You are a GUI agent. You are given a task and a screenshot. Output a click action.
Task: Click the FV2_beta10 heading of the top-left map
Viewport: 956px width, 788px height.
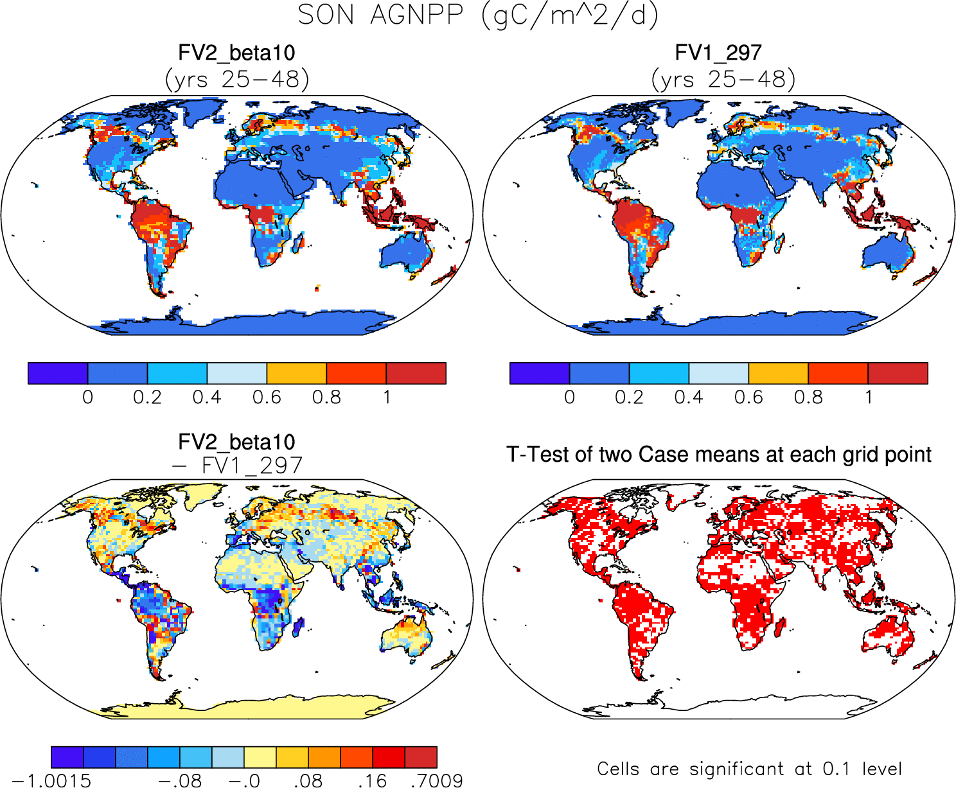[x=236, y=53]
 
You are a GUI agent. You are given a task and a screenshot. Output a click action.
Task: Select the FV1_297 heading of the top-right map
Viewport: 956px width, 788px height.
[x=718, y=53]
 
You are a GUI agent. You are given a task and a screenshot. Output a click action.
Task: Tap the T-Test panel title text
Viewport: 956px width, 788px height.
[x=718, y=455]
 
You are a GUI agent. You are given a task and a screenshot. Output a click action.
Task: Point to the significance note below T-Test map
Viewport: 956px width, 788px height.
[x=749, y=769]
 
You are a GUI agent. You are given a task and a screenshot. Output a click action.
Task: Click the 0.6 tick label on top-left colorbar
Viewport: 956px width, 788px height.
[x=267, y=398]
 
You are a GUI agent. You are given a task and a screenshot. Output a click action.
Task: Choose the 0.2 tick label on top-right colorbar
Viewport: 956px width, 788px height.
[x=629, y=398]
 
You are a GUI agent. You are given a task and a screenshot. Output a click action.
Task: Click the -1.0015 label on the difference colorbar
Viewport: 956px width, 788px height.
[x=51, y=780]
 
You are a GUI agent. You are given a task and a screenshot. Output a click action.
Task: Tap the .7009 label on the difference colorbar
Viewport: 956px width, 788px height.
[x=436, y=780]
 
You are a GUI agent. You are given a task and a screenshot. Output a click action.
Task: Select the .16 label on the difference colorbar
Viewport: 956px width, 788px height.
[x=372, y=780]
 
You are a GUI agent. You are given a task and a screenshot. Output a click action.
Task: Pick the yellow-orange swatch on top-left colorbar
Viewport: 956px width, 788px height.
[x=296, y=373]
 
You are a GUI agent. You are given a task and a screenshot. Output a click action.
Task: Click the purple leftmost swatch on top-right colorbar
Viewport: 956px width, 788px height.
[x=539, y=373]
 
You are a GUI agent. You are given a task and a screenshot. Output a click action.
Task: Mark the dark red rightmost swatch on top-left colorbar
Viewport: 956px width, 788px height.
[x=416, y=373]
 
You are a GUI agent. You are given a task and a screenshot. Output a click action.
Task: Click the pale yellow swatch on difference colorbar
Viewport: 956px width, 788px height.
[x=260, y=757]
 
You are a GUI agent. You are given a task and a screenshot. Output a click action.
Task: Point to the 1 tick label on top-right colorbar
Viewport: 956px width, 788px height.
[x=868, y=398]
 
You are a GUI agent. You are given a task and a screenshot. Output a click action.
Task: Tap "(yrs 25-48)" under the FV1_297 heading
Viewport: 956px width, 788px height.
[x=723, y=80]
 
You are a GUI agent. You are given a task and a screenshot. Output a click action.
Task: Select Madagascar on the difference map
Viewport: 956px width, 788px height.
[x=297, y=627]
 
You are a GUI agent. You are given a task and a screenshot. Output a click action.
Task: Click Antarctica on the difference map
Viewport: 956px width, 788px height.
[x=244, y=706]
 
